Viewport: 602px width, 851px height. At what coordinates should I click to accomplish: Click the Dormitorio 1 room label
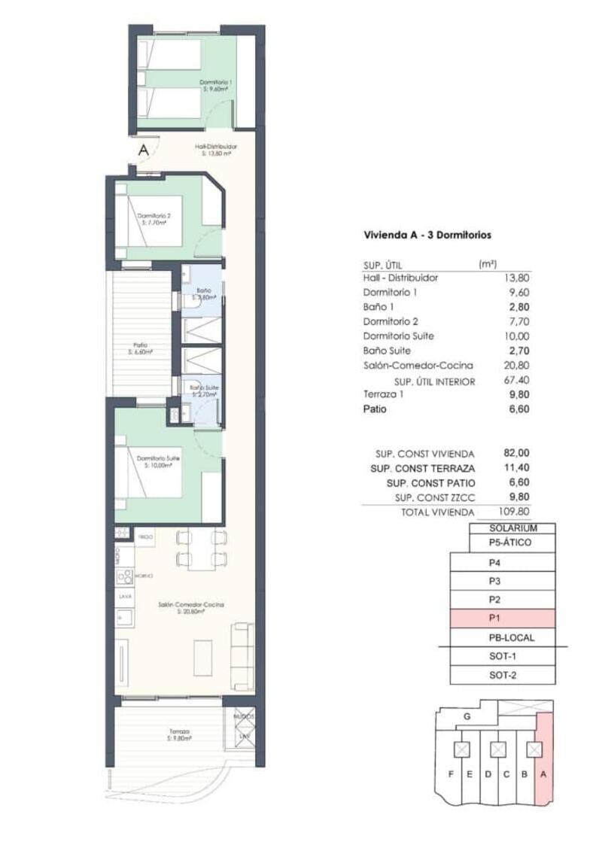(215, 84)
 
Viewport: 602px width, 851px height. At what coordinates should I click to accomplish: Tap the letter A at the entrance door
(143, 150)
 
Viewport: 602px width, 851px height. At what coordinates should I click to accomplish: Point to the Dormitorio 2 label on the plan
(154, 219)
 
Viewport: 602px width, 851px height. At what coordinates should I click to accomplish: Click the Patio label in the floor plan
(140, 348)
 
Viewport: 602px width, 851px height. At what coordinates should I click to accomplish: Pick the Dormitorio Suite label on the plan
(157, 461)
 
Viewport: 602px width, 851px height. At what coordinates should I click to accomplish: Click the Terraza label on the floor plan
(179, 734)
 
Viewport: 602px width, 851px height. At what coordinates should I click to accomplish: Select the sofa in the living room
(242, 656)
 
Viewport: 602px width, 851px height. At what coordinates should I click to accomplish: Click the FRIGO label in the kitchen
(145, 537)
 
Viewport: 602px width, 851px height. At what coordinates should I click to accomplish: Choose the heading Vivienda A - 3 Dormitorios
(427, 235)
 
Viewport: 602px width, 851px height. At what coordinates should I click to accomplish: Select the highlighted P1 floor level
(502, 619)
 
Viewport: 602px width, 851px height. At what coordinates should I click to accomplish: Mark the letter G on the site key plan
(467, 717)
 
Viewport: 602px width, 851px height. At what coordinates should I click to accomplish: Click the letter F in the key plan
(451, 774)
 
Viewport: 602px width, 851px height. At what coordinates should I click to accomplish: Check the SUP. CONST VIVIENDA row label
(425, 454)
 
